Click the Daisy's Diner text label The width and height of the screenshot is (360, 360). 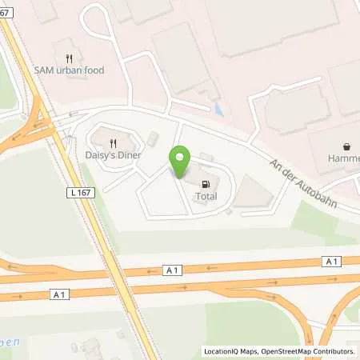pos(114,154)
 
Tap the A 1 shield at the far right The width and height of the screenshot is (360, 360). pos(330,262)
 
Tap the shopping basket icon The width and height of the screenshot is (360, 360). pos(346,147)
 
